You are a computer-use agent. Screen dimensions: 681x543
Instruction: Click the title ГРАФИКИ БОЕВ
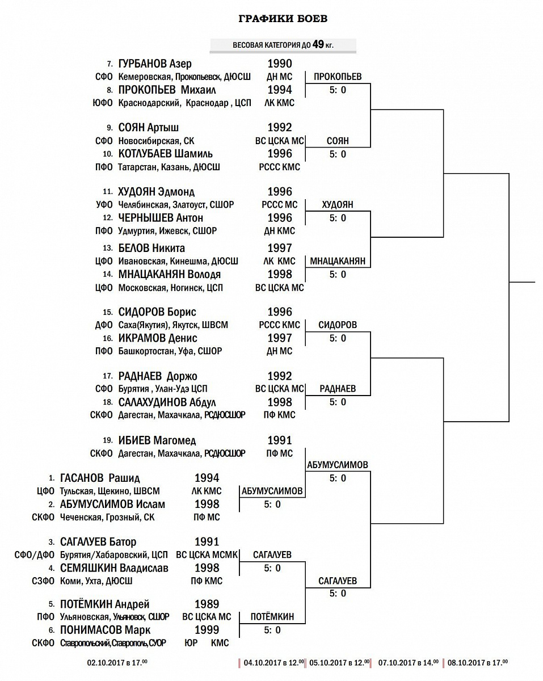point(283,19)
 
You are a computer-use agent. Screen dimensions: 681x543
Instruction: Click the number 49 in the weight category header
point(318,45)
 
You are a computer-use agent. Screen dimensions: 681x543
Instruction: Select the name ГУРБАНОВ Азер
point(155,64)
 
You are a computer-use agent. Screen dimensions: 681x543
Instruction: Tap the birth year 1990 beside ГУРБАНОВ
point(280,64)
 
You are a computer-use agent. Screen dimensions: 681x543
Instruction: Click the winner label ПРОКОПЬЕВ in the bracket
point(338,77)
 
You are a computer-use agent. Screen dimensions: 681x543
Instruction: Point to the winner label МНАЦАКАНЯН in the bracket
point(338,262)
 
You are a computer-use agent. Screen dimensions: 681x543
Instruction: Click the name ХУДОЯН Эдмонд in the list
point(157,192)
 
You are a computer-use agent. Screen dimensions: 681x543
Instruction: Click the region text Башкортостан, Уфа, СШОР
point(170,351)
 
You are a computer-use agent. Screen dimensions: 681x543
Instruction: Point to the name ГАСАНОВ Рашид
point(100,478)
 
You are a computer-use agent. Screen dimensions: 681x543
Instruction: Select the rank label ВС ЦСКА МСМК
point(207,555)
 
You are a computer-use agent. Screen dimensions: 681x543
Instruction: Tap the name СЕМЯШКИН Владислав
point(114,568)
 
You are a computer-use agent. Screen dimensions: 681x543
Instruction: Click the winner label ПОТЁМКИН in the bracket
point(272,617)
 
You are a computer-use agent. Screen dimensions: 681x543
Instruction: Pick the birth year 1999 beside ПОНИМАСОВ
point(207,630)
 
